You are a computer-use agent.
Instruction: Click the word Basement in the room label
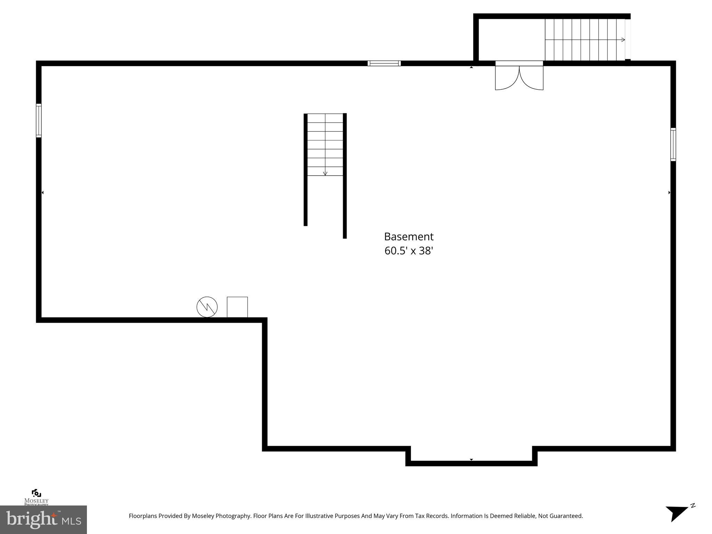[408, 237]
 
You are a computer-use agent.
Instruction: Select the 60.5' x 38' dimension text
[408, 251]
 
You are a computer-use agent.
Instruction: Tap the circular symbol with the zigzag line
[207, 307]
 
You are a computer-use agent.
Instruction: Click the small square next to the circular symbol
[237, 307]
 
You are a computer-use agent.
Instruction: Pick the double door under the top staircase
[519, 77]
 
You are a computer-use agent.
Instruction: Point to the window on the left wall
[39, 121]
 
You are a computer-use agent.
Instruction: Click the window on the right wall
[673, 144]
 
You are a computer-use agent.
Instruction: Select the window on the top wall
[384, 63]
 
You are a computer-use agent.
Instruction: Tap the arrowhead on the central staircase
[325, 173]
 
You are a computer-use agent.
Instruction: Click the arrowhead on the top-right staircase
[623, 40]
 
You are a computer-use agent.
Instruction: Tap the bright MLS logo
[43, 519]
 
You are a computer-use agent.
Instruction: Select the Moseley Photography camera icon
[36, 493]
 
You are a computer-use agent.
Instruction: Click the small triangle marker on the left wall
[42, 192]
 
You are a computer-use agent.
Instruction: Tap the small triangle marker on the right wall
[669, 192]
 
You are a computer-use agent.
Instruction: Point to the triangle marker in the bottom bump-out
[471, 460]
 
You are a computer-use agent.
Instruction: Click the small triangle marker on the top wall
[471, 67]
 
